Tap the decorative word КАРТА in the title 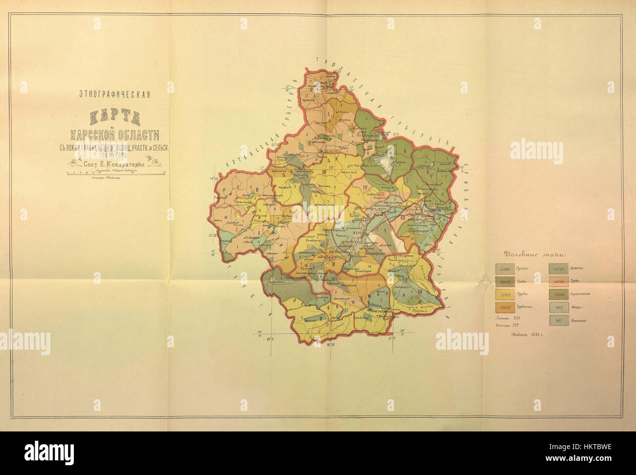(114, 117)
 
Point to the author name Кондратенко (123, 165)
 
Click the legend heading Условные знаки (535, 254)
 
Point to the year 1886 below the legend (538, 335)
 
